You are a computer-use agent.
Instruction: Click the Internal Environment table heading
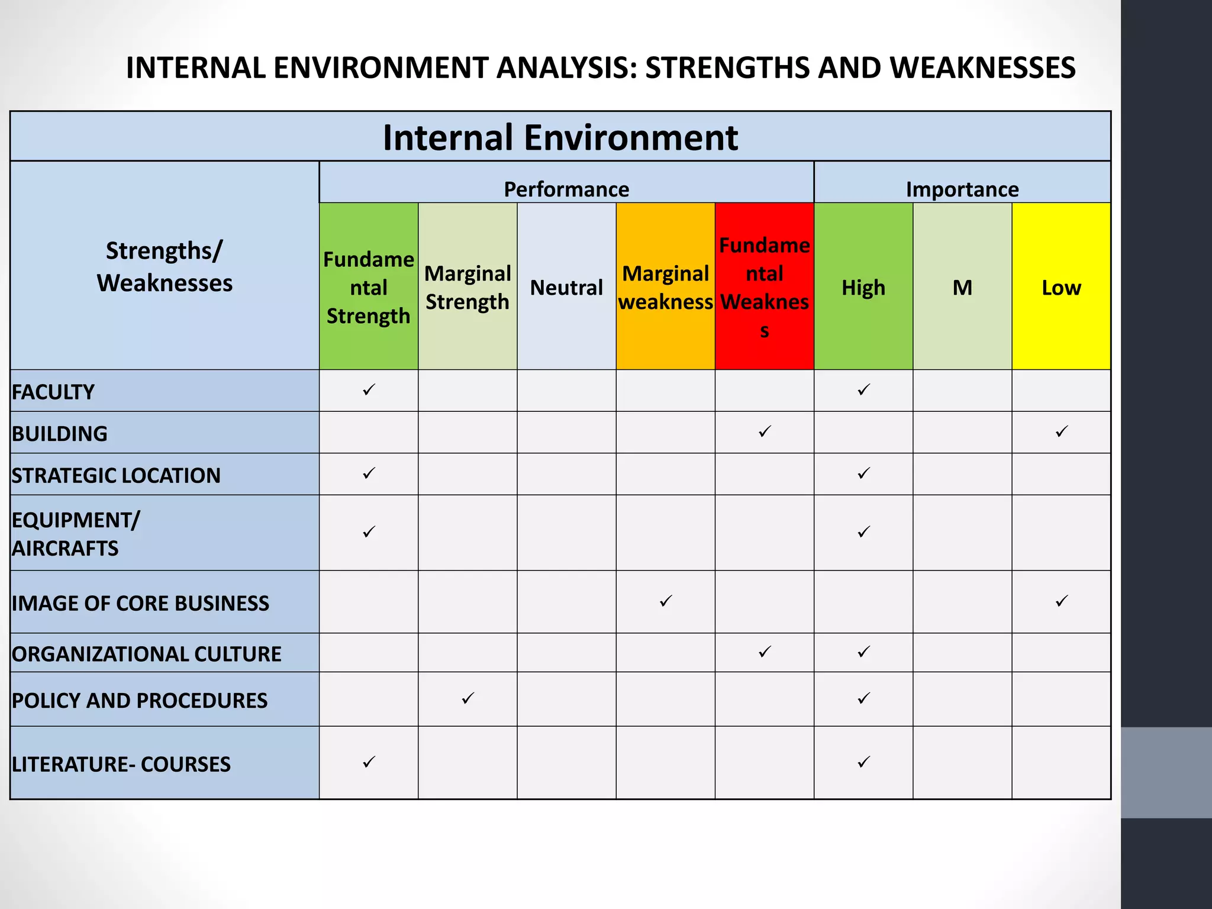click(560, 137)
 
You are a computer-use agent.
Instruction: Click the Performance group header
click(566, 189)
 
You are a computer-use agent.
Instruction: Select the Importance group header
click(962, 189)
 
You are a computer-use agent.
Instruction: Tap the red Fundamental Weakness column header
click(764, 287)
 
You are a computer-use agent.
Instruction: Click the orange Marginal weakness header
click(665, 287)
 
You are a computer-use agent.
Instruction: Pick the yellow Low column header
click(1061, 288)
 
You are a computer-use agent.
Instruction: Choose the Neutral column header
click(566, 288)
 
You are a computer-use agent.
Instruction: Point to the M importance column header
click(962, 288)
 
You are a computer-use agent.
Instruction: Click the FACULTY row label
click(53, 392)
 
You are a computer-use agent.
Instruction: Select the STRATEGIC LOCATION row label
click(116, 475)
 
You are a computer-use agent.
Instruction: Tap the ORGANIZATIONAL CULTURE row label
click(146, 653)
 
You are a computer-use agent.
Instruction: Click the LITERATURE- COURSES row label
click(121, 764)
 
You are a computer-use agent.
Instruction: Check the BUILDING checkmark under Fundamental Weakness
click(765, 431)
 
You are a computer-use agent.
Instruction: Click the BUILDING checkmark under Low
click(1062, 431)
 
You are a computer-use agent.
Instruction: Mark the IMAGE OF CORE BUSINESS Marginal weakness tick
click(666, 601)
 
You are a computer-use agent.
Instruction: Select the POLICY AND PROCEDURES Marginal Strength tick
click(468, 698)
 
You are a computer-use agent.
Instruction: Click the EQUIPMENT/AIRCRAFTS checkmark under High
click(863, 531)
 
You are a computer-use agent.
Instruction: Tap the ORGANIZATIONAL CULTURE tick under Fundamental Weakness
click(765, 652)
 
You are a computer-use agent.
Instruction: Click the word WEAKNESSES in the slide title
click(982, 67)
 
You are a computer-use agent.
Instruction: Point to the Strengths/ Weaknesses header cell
click(165, 266)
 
